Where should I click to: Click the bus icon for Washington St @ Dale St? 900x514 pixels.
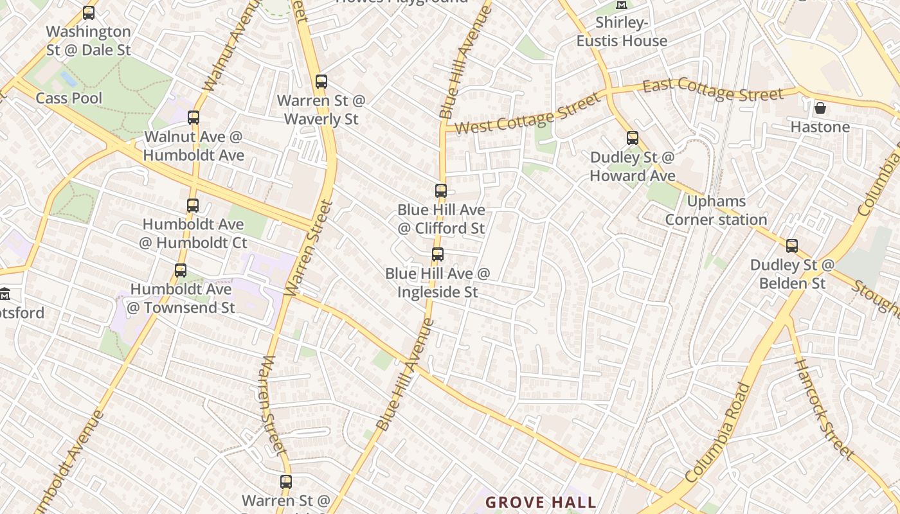tap(89, 13)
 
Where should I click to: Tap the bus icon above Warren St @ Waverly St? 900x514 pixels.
tap(321, 82)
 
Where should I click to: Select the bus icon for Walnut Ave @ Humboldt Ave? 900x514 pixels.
tap(194, 118)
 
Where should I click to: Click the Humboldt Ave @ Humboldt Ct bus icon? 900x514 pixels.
tap(193, 206)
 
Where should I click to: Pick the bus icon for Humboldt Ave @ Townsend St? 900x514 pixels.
tap(181, 270)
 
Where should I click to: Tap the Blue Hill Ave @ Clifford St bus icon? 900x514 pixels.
tap(441, 191)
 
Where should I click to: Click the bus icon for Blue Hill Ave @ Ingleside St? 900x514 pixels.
tap(438, 254)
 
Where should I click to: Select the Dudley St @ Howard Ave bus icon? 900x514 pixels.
tap(633, 138)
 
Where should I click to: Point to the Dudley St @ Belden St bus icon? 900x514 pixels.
tap(792, 246)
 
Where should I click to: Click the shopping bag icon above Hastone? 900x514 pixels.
tap(820, 108)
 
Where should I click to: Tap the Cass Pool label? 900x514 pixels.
tap(69, 98)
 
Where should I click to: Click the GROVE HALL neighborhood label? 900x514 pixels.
tap(541, 502)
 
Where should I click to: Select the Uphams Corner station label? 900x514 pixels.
tap(716, 211)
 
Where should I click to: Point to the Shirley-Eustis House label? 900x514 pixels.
tap(622, 32)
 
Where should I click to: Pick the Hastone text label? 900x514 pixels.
tap(820, 127)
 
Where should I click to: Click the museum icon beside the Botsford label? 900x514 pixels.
tap(5, 294)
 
